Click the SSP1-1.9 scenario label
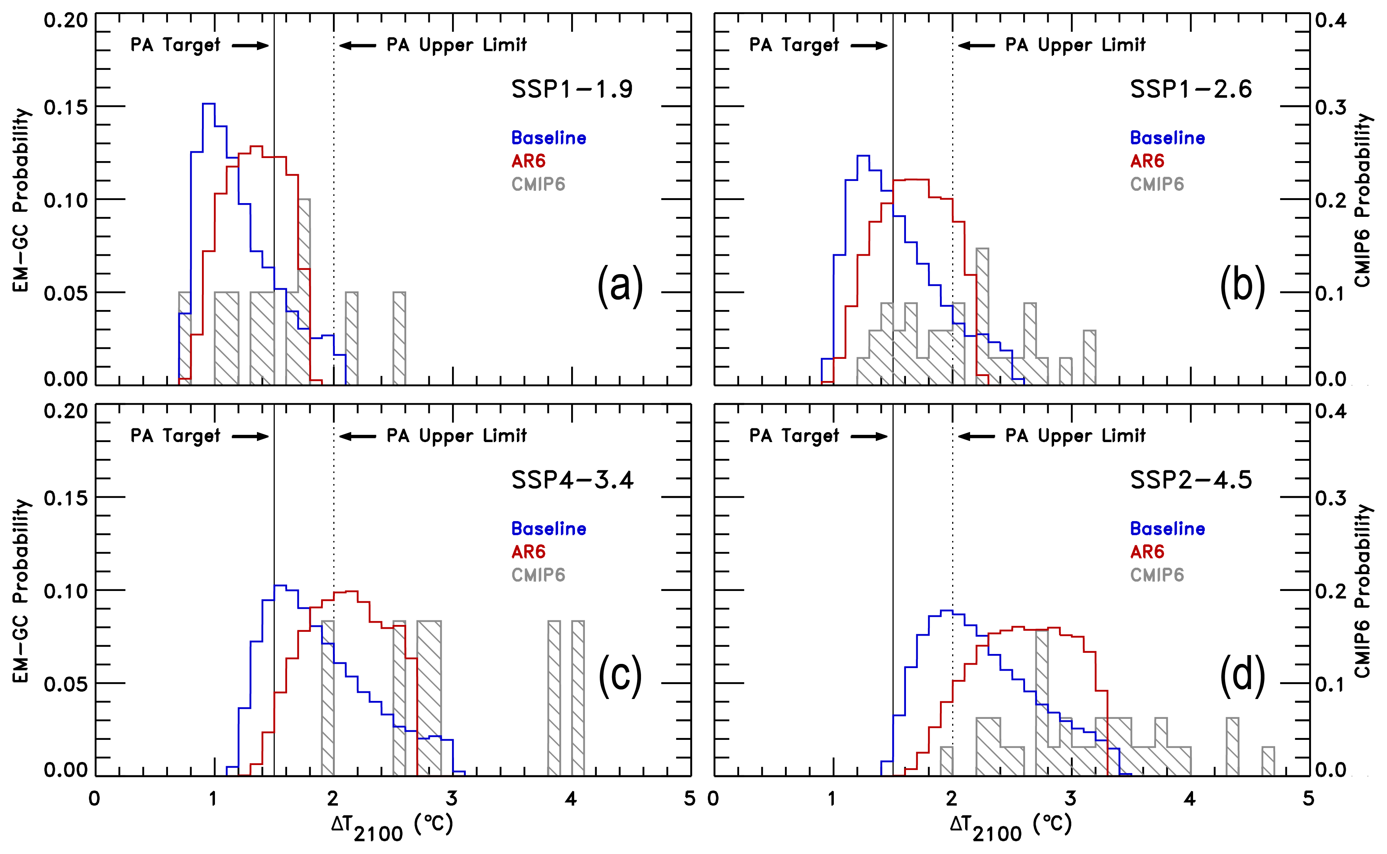572,89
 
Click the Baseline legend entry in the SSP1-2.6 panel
1167,138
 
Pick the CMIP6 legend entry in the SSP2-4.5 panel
1156,575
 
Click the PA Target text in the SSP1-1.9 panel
175,45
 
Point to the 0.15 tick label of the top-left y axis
66,107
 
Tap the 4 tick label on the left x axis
571,799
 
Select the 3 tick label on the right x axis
1071,799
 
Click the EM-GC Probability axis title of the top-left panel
21,200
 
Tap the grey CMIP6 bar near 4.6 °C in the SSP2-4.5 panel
1268,761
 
